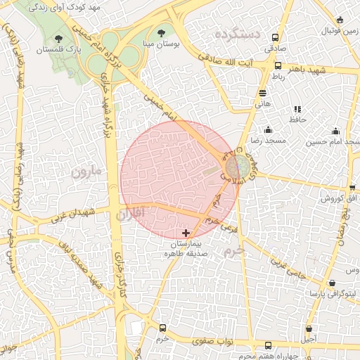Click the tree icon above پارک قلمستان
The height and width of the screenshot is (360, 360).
coord(57,39)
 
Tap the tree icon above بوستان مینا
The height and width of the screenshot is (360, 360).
coord(163,32)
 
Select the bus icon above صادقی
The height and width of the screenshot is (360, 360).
coord(275,38)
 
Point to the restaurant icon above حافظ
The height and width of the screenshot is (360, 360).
coord(297,109)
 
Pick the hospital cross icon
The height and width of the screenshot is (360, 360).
coord(186,232)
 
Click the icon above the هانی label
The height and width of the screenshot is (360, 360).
coord(262,92)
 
